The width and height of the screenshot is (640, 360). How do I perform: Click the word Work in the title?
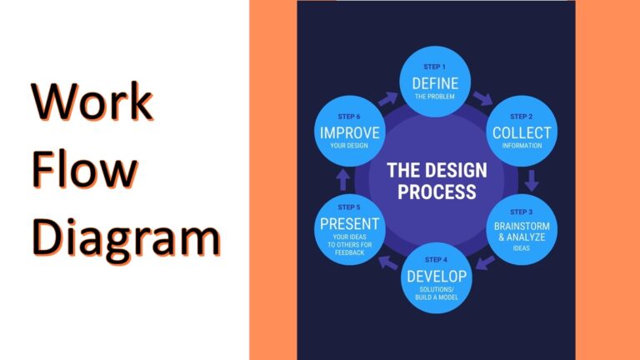[x=92, y=103]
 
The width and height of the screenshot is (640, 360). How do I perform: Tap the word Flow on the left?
[x=85, y=169]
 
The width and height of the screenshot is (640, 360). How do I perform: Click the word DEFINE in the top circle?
[x=436, y=82]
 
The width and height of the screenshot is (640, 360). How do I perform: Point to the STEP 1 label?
[x=436, y=67]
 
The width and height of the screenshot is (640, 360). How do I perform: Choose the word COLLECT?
[x=522, y=132]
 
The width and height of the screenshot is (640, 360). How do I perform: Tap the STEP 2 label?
[x=522, y=117]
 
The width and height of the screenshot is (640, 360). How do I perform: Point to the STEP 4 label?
[x=436, y=260]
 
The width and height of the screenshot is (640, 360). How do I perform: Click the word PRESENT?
[x=349, y=223]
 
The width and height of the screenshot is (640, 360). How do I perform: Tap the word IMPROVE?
[x=349, y=132]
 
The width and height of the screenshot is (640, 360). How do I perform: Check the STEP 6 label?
[x=349, y=117]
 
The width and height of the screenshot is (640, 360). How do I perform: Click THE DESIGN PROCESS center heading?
[x=437, y=180]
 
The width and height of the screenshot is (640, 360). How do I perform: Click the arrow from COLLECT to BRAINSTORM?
[x=532, y=179]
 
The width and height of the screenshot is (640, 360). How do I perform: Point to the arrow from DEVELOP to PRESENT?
[x=387, y=263]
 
